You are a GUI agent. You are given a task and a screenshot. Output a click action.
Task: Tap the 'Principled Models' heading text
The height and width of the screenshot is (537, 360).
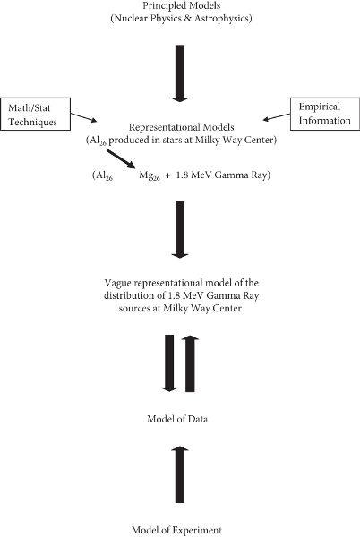tap(181, 6)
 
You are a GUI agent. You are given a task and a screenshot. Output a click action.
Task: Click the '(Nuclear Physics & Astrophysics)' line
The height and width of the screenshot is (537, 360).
tap(181, 18)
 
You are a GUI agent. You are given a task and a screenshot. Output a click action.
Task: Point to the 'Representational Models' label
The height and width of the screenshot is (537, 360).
tap(181, 127)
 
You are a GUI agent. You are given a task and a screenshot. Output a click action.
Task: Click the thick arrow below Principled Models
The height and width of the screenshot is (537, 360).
tap(180, 73)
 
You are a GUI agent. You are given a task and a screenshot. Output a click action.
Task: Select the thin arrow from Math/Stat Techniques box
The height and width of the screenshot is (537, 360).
tap(84, 117)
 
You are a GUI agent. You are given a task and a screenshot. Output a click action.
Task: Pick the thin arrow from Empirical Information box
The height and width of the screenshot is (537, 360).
tap(277, 117)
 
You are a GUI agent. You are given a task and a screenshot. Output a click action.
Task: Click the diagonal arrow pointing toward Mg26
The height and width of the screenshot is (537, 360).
tap(121, 159)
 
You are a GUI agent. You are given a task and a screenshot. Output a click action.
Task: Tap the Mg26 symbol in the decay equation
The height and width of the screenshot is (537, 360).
tap(150, 175)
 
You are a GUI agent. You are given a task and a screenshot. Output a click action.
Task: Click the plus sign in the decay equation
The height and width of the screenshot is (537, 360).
tap(167, 175)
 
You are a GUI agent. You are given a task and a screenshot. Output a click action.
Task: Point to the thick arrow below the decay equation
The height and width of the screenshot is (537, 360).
tap(180, 229)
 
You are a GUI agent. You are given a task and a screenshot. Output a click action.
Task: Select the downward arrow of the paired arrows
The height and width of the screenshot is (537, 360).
tap(169, 363)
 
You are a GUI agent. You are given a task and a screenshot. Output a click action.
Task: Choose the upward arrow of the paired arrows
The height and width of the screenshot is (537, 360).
tap(190, 363)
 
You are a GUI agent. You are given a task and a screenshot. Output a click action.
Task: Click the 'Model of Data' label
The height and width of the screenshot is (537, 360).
tap(177, 419)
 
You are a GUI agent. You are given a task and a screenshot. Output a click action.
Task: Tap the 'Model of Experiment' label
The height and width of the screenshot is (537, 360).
tap(177, 530)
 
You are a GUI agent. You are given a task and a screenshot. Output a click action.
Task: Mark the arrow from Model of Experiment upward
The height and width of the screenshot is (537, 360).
tap(180, 474)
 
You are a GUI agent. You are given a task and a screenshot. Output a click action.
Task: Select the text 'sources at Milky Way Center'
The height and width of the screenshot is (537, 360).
tap(180, 308)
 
